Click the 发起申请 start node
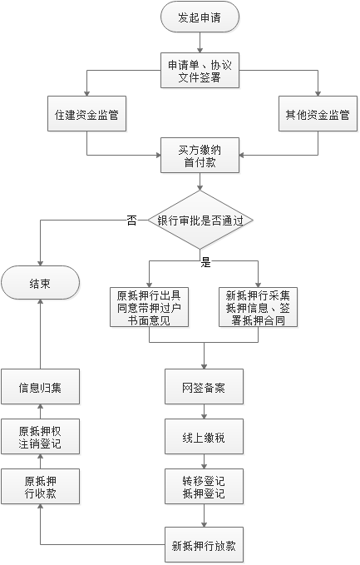[200, 17]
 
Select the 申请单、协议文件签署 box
[200, 71]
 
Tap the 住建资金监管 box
[86, 113]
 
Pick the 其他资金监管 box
[318, 113]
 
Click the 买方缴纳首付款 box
[200, 156]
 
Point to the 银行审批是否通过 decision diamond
[200, 220]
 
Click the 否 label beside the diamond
[132, 221]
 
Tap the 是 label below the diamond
[206, 263]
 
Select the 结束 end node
[40, 283]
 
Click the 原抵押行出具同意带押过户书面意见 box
[149, 307]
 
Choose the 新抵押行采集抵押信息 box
[258, 307]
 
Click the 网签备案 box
[205, 387]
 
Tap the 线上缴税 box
[205, 436]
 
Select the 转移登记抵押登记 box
[205, 487]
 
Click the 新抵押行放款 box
[205, 545]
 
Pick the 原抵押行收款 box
[40, 487]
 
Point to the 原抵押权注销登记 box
[40, 436]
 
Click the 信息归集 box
[40, 387]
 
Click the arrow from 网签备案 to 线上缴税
[205, 412]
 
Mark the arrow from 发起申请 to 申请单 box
[200, 42]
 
